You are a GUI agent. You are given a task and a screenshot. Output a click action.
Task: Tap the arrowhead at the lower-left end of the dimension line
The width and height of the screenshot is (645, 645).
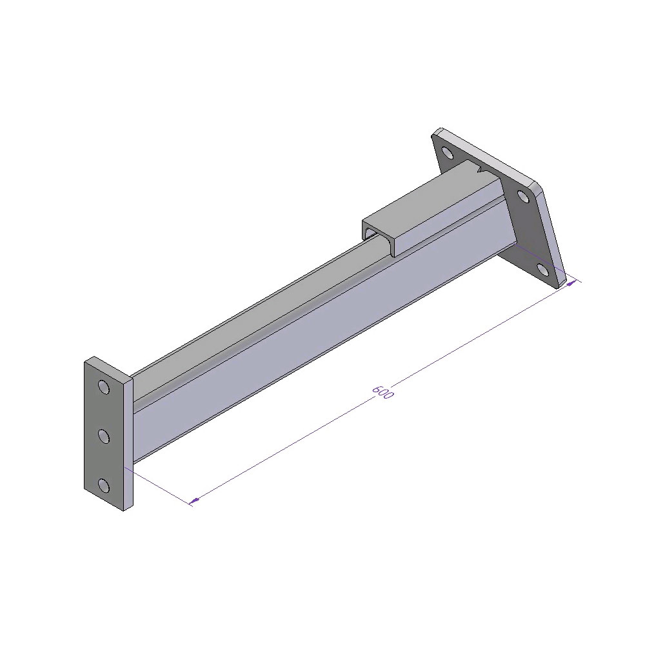coord(194,501)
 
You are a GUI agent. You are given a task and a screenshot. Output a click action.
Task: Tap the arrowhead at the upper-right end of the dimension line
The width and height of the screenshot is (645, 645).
coord(571,283)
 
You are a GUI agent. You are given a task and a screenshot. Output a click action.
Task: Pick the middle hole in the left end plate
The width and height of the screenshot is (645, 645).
coord(104,436)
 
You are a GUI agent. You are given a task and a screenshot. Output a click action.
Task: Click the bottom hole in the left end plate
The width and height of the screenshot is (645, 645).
coord(104,486)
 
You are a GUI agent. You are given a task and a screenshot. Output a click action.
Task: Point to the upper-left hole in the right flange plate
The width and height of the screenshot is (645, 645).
coord(447,153)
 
